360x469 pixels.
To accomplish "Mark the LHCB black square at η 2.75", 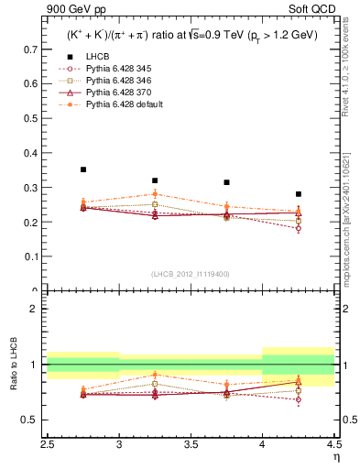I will point(83,169).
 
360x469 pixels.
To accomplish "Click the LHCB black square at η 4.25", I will point(298,194).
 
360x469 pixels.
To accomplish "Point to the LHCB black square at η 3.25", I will point(155,180).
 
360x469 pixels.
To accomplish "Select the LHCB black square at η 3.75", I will point(226,182).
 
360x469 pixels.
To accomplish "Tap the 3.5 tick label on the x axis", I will point(191,444).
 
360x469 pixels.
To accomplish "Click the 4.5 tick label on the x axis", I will point(333,444).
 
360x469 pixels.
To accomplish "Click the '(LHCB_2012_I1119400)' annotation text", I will point(191,274).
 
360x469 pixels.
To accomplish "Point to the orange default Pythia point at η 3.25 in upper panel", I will point(155,194).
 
